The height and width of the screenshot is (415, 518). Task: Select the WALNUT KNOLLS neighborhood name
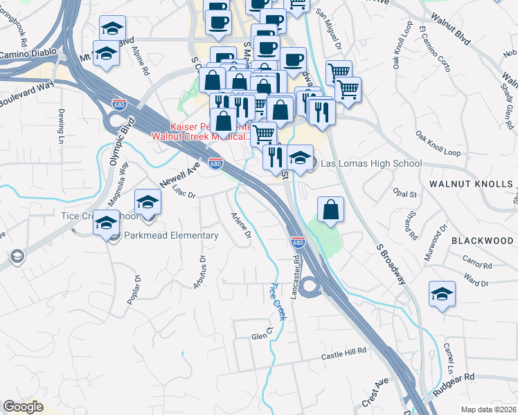[471, 185]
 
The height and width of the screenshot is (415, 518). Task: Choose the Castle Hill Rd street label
[343, 353]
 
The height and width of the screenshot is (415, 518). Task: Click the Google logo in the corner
[24, 407]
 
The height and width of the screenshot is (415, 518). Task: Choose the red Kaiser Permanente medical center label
[201, 131]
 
